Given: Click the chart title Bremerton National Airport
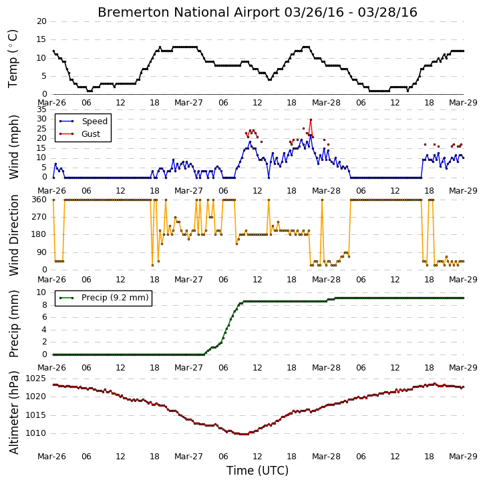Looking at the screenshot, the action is tap(188, 13).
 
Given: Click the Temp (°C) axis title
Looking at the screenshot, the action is tap(13, 59).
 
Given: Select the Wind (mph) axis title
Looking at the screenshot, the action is tap(13, 147).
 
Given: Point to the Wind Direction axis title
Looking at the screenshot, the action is tap(13, 235).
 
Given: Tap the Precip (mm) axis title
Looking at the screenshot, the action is tap(13, 324).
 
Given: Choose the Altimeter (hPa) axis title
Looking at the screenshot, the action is tap(13, 413).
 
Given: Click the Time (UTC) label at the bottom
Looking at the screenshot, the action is tap(257, 471).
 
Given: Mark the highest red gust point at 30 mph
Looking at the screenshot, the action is tap(311, 119).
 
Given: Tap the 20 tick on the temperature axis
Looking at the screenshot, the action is tap(41, 21).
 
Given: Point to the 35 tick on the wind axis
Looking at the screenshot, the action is tap(41, 109).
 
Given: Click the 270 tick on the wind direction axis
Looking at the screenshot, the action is tap(39, 217).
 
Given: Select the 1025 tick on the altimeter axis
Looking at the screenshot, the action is tap(35, 379).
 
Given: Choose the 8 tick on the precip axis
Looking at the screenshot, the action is tap(44, 305).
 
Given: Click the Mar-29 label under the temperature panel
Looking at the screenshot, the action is tap(463, 103).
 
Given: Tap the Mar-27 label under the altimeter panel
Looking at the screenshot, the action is tap(188, 457).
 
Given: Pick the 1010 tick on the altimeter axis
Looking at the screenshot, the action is tap(35, 433).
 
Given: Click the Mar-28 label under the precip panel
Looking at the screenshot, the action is tap(326, 368).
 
